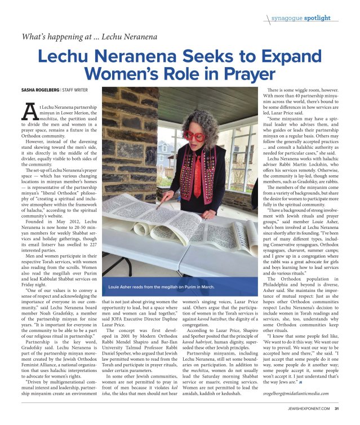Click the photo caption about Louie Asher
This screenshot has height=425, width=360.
pyautogui.click(x=161, y=287)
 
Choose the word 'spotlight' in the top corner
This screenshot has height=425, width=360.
pyautogui.click(x=317, y=17)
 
